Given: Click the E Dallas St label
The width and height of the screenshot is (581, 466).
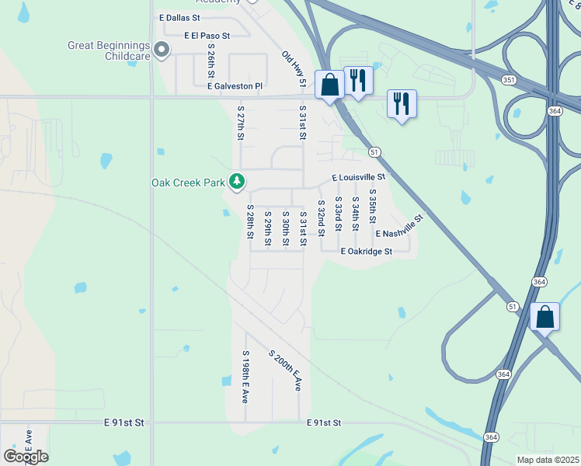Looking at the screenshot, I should point(179,16).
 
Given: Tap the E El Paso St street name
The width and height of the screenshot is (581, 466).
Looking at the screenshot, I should point(207,36).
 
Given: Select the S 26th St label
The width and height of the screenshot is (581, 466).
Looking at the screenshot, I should point(210,60).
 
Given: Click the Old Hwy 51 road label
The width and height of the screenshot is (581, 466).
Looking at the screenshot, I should point(295,68).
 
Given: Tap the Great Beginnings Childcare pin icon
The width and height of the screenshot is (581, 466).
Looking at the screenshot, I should point(162,51).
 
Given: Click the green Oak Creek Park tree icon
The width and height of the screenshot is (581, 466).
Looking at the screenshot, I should point(237,183).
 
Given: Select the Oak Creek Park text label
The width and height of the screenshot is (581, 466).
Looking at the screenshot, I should point(187,183).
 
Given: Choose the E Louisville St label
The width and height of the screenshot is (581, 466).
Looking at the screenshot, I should point(359,177).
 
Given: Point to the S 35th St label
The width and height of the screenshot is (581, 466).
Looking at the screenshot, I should point(372,207).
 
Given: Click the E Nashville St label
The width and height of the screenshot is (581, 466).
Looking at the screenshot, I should point(400,228).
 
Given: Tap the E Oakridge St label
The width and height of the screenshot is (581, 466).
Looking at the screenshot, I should point(367,252).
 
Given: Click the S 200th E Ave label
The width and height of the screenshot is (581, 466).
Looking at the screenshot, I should point(285,370).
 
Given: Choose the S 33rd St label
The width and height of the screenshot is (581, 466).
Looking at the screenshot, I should point(338,214).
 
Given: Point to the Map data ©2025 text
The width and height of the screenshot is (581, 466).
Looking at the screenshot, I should point(548,460).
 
